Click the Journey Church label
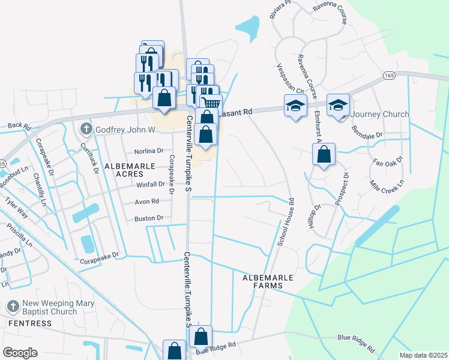tap(380, 114)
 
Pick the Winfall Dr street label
tap(134, 185)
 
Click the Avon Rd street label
tap(146, 202)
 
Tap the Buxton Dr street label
tap(149, 218)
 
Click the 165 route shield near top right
tap(389, 76)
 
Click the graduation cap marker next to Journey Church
tap(338, 104)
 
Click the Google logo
tap(20, 353)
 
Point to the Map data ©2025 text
tap(423, 355)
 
